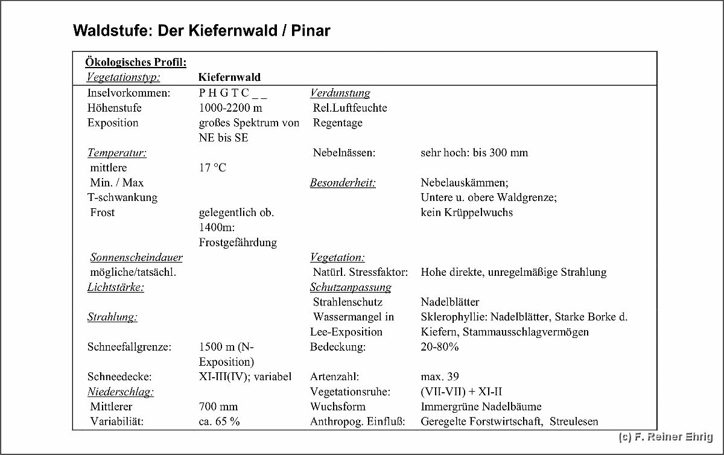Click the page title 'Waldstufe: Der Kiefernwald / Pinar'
202,31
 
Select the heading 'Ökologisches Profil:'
136,62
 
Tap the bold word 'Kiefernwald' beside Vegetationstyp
229,77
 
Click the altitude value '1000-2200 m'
230,108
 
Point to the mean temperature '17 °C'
212,168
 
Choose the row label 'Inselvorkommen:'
129,93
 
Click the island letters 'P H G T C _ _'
232,93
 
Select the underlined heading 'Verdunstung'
340,93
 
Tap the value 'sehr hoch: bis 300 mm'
474,153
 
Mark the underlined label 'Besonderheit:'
343,183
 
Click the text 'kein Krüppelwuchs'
466,212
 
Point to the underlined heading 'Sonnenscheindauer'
136,258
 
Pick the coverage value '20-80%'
439,347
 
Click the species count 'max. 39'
440,377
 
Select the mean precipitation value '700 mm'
218,407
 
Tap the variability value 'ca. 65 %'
219,422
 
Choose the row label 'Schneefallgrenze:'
130,347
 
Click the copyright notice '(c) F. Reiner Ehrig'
666,436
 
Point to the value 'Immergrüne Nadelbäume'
481,407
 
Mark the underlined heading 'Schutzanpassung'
351,287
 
